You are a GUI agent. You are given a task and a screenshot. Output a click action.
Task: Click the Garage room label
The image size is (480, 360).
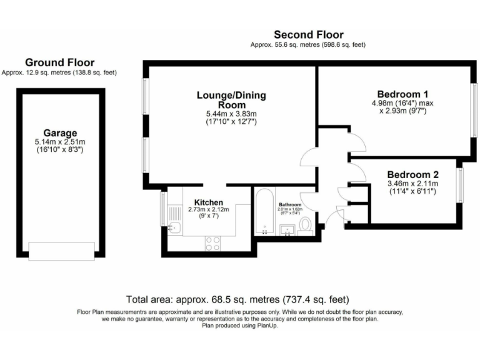pyautogui.click(x=60, y=132)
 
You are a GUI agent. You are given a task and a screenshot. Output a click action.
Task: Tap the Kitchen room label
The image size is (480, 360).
pyautogui.click(x=208, y=202)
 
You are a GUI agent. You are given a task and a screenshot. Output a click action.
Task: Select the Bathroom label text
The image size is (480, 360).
pyautogui.click(x=290, y=205)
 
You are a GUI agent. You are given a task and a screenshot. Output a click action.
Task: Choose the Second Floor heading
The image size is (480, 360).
pyautogui.click(x=308, y=34)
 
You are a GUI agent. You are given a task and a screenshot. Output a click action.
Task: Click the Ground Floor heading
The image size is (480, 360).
pyautogui.click(x=59, y=62)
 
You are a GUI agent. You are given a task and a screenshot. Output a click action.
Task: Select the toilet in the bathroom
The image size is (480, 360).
pyautogui.click(x=306, y=224)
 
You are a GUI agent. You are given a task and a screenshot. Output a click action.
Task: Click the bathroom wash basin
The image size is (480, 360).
pyautogui.click(x=289, y=229)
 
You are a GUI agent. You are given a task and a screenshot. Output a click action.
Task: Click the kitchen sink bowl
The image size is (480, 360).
pyautogui.click(x=175, y=227)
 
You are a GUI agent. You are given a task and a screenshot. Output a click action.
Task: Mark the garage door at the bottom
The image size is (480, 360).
pyautogui.click(x=60, y=251)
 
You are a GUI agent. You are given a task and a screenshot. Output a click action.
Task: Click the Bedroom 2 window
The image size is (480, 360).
pyautogui.click(x=459, y=185)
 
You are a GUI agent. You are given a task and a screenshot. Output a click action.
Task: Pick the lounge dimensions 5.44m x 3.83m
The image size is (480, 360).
pyautogui.click(x=231, y=114)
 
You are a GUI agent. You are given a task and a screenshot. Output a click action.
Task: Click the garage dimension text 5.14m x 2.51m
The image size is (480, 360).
pyautogui.click(x=60, y=142)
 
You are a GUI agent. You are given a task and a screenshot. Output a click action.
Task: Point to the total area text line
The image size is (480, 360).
pyautogui.click(x=238, y=299)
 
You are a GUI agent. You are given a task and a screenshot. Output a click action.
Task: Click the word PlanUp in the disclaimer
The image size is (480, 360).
pyautogui.click(x=267, y=326)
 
